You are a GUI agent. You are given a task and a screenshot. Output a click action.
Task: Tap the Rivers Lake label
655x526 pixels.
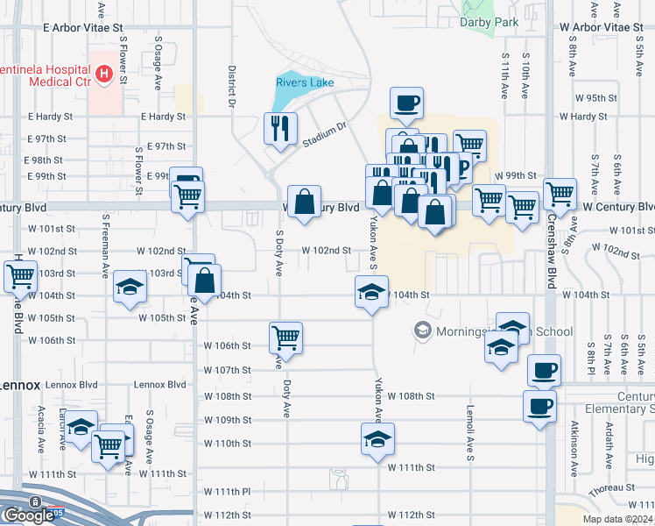click(x=306, y=82)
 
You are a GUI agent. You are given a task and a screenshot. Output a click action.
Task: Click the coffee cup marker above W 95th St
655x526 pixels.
click(x=406, y=102)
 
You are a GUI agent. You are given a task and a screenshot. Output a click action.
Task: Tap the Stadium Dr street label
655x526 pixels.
click(x=325, y=132)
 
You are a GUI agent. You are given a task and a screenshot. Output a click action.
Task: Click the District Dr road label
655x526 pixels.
click(x=232, y=86)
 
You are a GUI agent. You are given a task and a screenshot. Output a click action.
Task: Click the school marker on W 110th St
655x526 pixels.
click(x=377, y=438)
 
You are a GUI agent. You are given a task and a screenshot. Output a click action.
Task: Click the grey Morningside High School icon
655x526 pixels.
click(x=423, y=331)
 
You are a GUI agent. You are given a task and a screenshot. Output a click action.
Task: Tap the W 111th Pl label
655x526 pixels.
click(x=228, y=492)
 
